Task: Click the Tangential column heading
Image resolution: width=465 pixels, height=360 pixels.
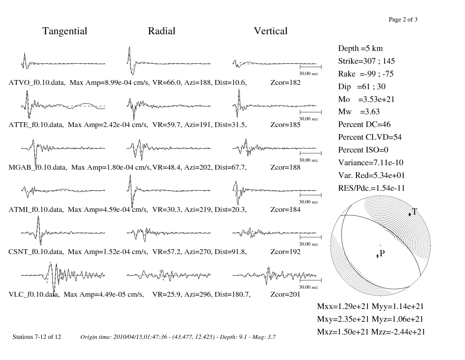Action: (65, 31)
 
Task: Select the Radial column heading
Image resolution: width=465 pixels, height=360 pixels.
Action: (162, 31)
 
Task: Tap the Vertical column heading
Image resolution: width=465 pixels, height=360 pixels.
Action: (270, 31)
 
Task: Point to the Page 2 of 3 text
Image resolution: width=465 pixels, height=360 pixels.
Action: (403, 20)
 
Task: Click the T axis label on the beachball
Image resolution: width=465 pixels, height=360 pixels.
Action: (414, 211)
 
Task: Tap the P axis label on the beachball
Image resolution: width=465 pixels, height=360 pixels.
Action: (382, 253)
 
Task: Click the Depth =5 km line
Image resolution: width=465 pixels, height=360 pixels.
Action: (360, 48)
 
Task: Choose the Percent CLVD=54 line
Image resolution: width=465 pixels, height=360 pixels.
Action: (370, 137)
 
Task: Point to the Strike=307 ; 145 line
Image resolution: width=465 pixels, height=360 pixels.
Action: (366, 61)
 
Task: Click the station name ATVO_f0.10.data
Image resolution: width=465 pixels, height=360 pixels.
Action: (36, 83)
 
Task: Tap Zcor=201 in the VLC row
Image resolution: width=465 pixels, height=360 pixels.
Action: (285, 295)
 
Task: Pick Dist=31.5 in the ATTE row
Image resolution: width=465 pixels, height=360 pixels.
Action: (230, 125)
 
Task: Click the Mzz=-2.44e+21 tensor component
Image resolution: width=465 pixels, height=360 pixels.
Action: (398, 332)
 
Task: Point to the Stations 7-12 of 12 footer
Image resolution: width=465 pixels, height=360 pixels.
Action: (37, 337)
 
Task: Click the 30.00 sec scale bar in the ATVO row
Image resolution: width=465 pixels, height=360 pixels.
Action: (310, 67)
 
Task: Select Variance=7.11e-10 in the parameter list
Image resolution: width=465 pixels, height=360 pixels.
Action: (371, 163)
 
